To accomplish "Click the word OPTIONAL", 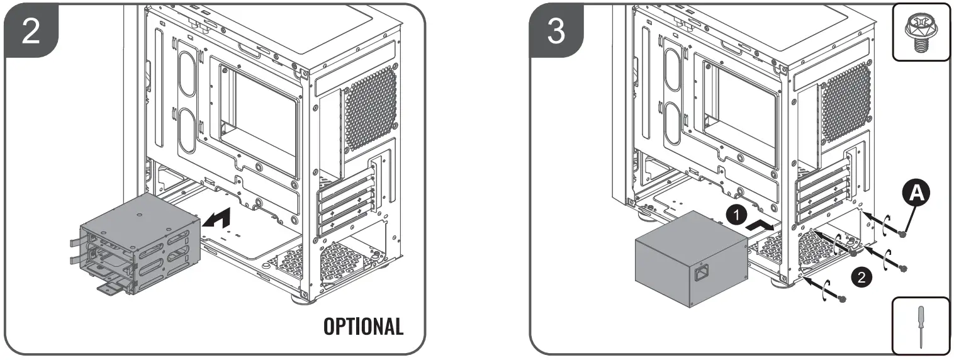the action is pos(363,326).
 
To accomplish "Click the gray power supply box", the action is pos(691,258).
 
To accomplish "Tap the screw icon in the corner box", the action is pos(922,31).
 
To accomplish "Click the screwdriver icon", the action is pos(922,327).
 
